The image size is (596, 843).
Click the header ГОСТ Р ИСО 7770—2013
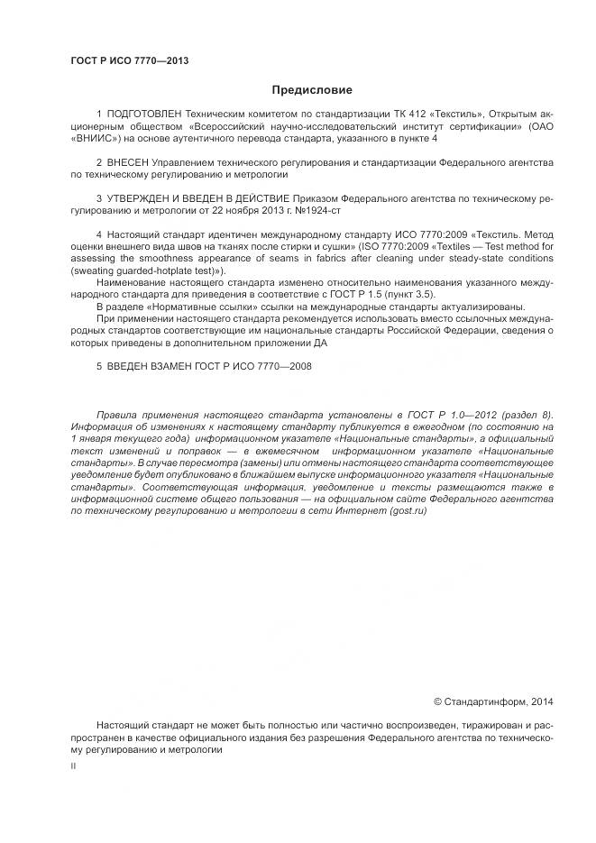point(129,61)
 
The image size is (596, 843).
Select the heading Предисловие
point(312,90)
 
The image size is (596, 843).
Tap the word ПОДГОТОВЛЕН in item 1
point(144,115)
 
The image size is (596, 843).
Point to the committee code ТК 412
point(413,115)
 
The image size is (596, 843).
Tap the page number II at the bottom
point(73,765)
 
